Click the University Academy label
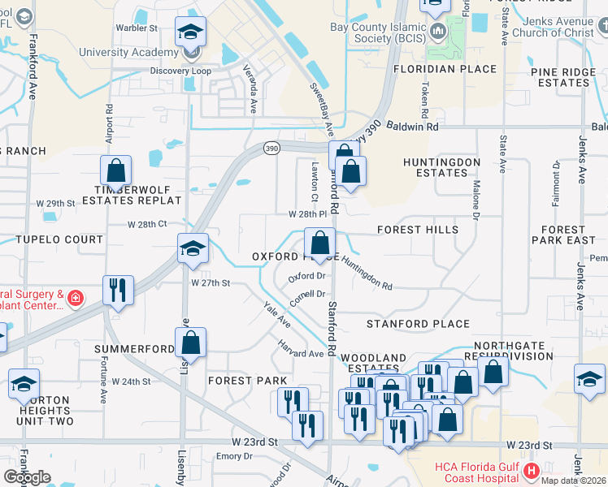click(128, 52)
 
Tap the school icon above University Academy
click(191, 32)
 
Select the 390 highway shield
click(271, 148)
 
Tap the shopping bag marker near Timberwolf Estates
click(116, 171)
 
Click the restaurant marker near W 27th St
click(119, 291)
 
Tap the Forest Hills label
click(418, 230)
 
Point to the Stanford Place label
click(418, 324)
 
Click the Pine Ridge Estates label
click(561, 77)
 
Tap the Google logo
click(27, 477)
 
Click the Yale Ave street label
click(276, 315)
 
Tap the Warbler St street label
click(137, 28)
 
